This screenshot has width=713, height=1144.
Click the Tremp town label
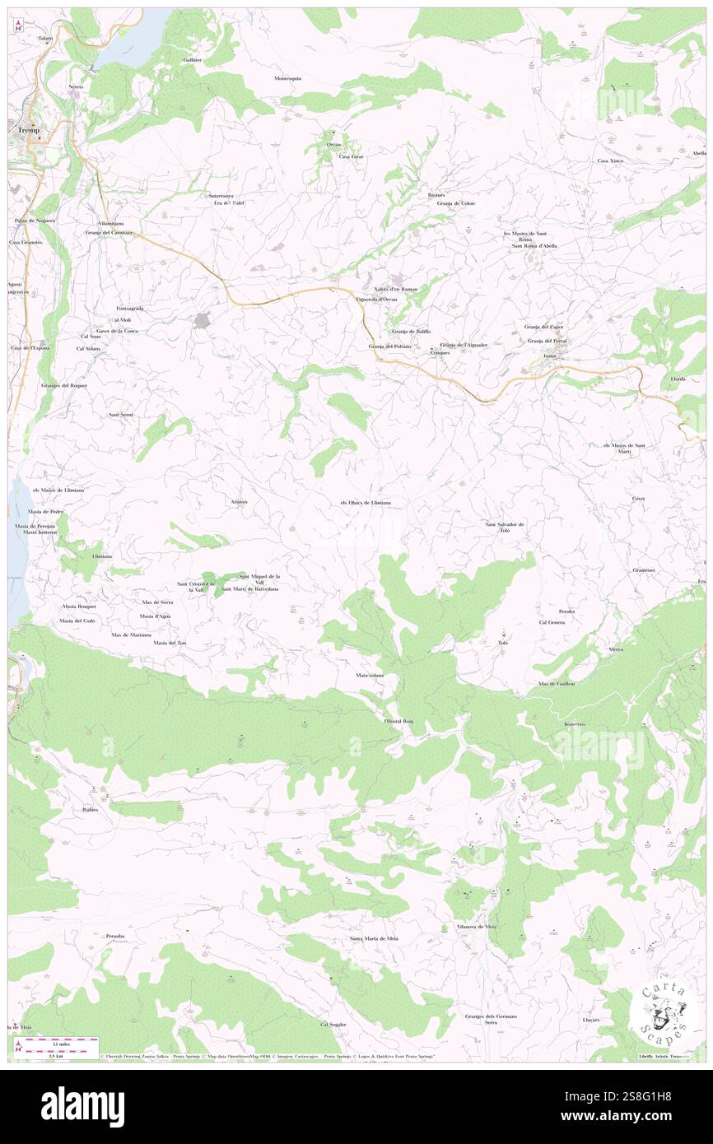pos(28,130)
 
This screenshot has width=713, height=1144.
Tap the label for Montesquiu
pos(288,78)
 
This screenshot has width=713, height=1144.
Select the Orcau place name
pos(333,145)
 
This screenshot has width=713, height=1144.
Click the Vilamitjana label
pos(110,223)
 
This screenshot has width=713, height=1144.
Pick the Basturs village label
pos(436,194)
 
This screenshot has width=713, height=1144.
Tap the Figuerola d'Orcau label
pos(376,299)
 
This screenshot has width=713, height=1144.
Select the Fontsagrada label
pos(129,308)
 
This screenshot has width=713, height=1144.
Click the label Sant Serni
pos(121,414)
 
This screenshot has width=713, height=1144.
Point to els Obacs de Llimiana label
pos(365,502)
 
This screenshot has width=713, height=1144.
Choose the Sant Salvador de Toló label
pos(504,528)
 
